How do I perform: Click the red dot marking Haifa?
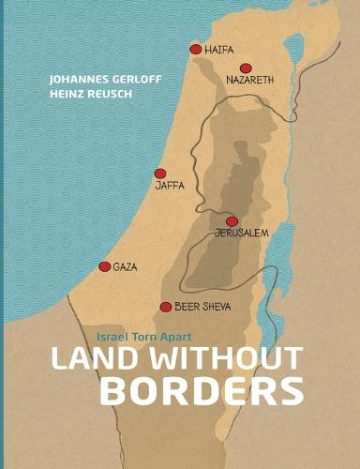tap(195, 49)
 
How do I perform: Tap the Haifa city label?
tap(218, 49)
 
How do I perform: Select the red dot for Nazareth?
tap(246, 68)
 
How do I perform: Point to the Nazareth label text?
tap(249, 81)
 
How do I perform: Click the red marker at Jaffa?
tap(160, 174)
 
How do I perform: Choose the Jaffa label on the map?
tap(170, 187)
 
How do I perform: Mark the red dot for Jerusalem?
tap(232, 221)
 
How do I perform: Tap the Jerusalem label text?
tap(242, 234)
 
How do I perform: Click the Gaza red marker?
tap(104, 266)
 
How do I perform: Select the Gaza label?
tap(125, 266)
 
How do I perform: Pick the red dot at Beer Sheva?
tap(166, 307)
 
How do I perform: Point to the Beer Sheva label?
tap(202, 307)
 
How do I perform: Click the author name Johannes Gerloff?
tap(97, 80)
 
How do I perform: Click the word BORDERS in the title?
tap(201, 389)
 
